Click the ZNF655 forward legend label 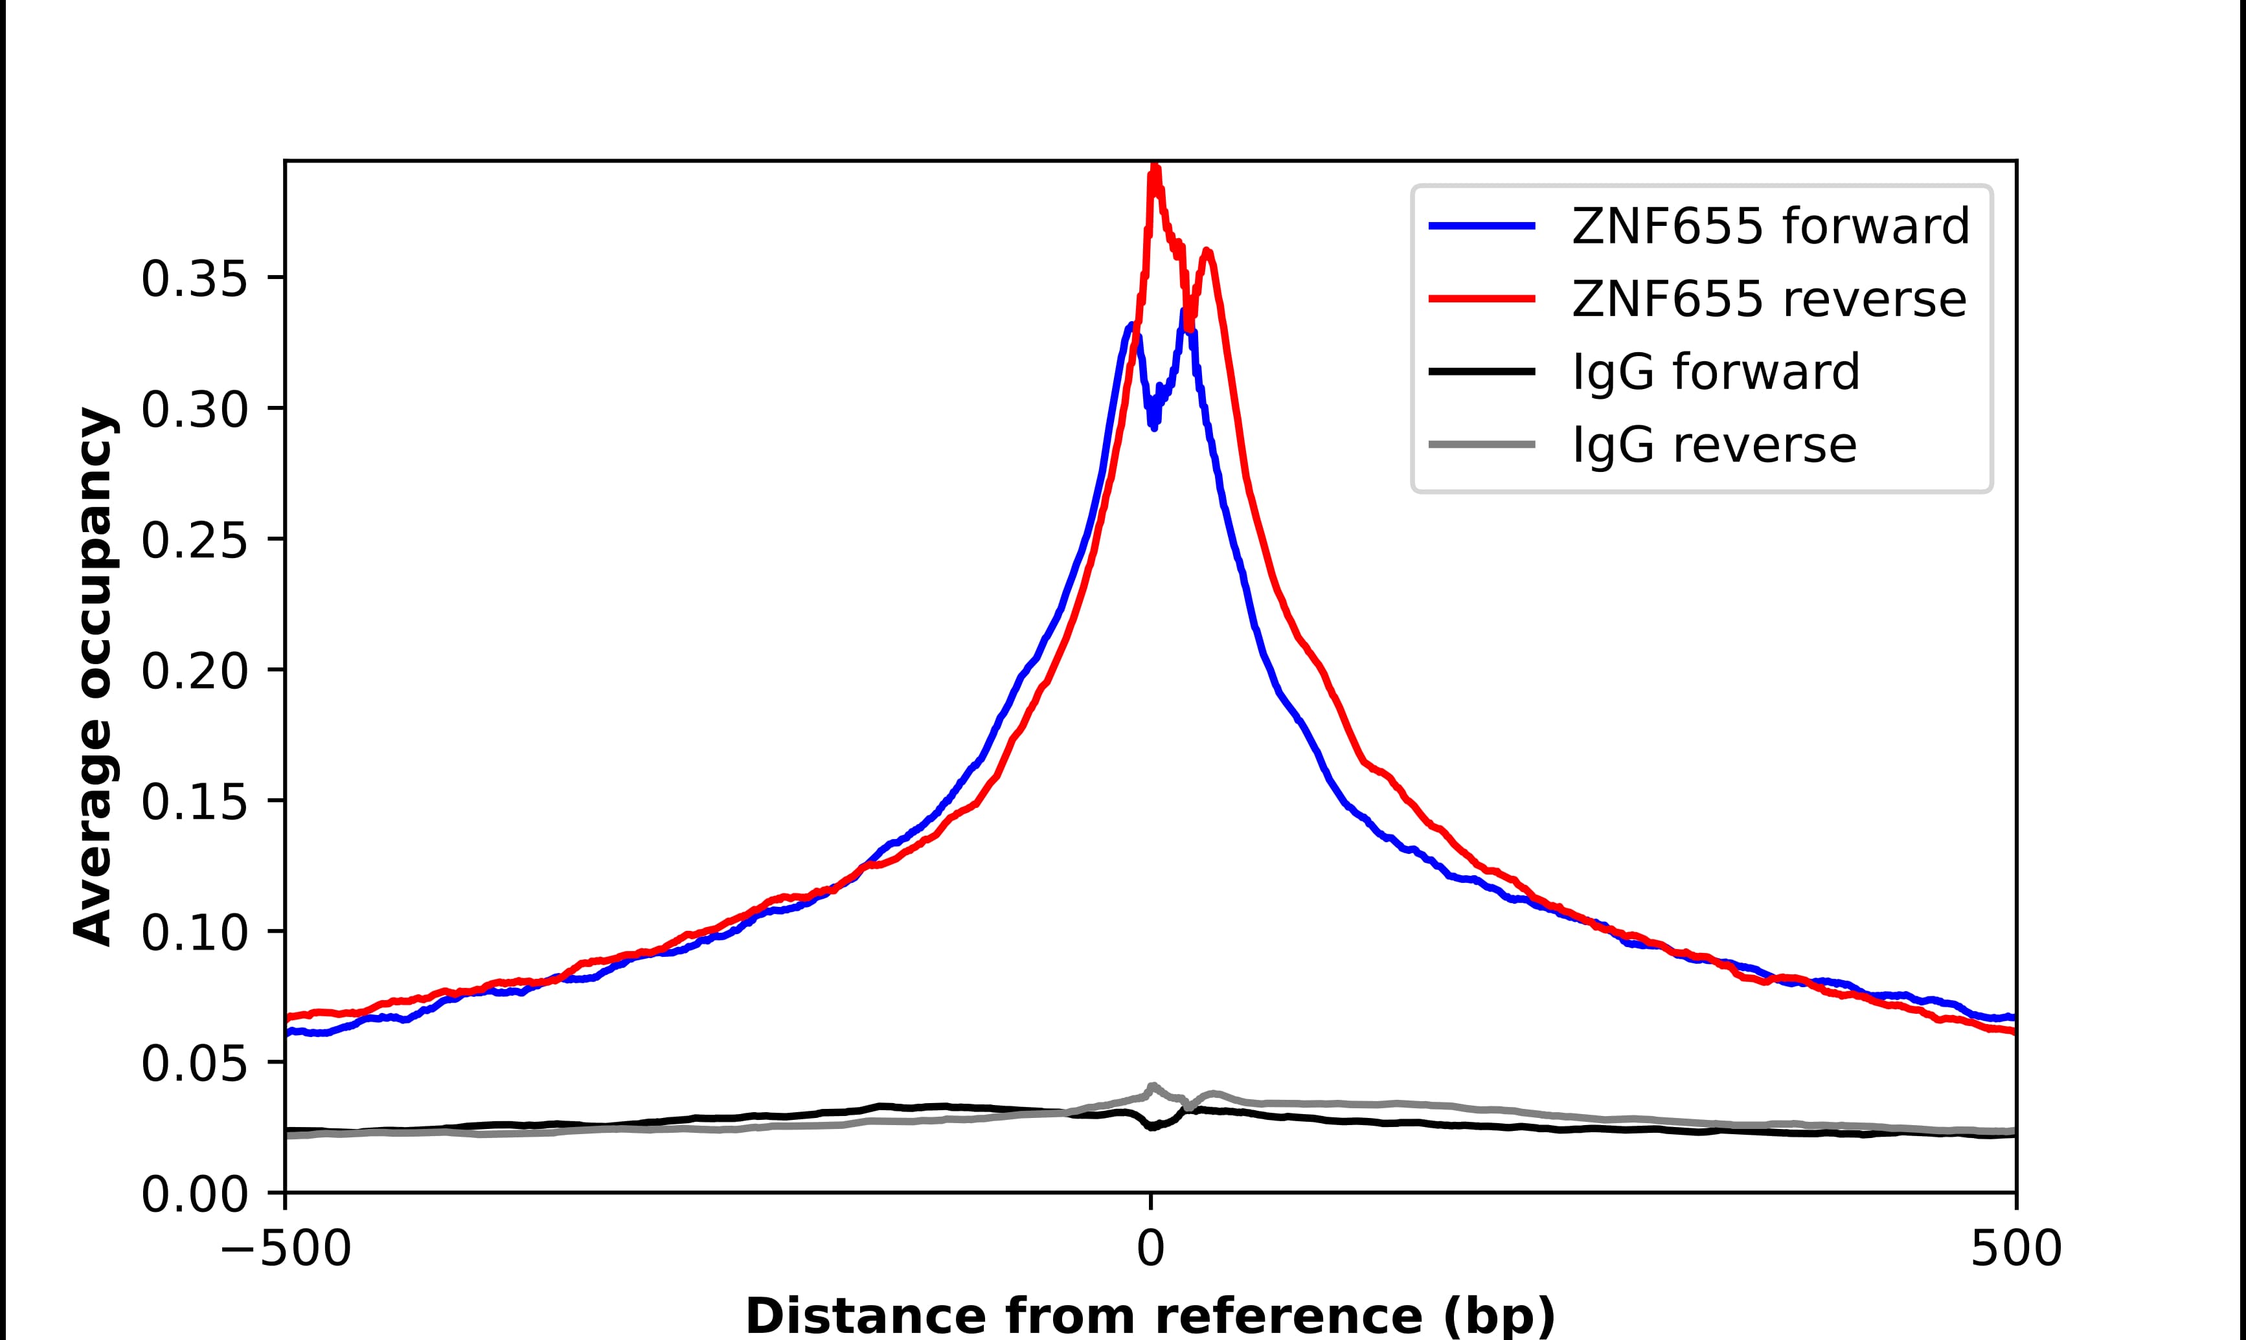(1770, 227)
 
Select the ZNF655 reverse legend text (1768, 300)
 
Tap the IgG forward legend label (1716, 372)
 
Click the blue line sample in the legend (1482, 226)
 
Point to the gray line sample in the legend (1482, 444)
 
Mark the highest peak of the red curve (1154, 170)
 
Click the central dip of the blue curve (1153, 425)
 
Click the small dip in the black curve (1152, 1127)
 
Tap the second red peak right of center (1207, 253)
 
